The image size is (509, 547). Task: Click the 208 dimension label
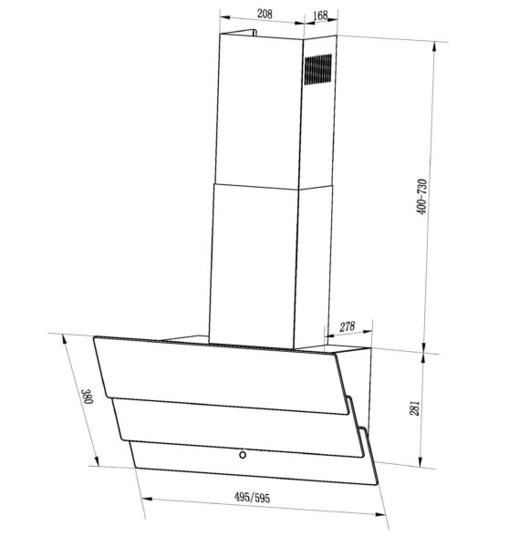click(x=265, y=14)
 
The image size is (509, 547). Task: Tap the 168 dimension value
click(x=320, y=15)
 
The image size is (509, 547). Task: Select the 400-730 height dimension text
click(x=421, y=197)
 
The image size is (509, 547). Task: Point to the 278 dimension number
click(x=347, y=327)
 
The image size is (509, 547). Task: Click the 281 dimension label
click(x=414, y=408)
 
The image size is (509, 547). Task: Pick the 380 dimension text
click(x=87, y=397)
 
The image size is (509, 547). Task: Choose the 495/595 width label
click(x=252, y=498)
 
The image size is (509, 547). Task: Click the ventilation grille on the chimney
click(x=317, y=69)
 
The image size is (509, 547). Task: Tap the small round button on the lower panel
click(x=243, y=455)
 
